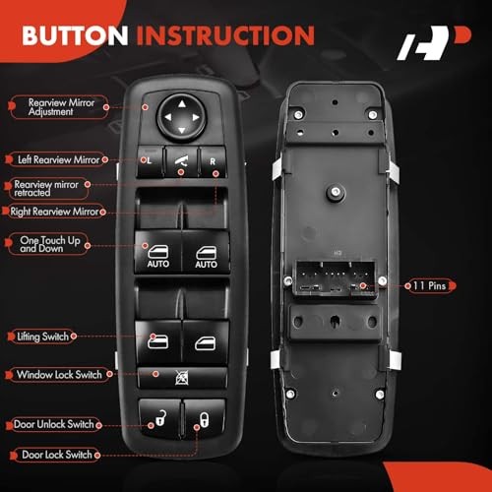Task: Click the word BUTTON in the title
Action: (75, 35)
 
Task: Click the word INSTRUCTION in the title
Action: (225, 35)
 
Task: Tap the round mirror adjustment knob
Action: (181, 117)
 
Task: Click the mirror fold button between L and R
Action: (181, 161)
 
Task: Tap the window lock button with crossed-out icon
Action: (182, 378)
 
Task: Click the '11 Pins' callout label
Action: (430, 285)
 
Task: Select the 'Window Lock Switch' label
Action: (59, 375)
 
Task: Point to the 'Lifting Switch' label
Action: (42, 337)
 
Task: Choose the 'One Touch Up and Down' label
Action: (49, 244)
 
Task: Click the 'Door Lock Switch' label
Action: (56, 455)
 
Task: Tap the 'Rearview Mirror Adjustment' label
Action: (60, 107)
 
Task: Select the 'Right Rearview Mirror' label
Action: (54, 212)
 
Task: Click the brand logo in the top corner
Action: (434, 42)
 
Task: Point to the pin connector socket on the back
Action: (336, 278)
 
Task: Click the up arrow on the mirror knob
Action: (182, 104)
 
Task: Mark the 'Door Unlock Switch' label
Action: (54, 424)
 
